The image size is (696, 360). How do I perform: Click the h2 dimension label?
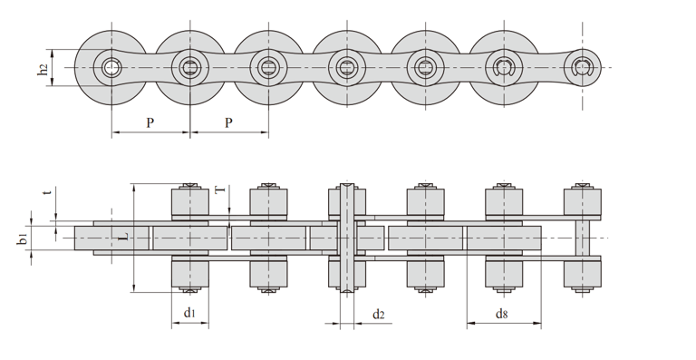pyautogui.click(x=43, y=69)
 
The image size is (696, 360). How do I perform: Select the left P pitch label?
pyautogui.click(x=150, y=122)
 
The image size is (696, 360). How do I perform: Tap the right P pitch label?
pyautogui.click(x=228, y=122)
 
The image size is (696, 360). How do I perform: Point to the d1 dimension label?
pyautogui.click(x=189, y=313)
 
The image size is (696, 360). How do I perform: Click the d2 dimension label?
pyautogui.click(x=378, y=315)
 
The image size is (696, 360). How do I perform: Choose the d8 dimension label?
pyautogui.click(x=501, y=314)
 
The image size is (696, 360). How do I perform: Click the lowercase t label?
pyautogui.click(x=48, y=192)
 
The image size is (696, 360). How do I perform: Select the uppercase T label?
pyautogui.click(x=220, y=190)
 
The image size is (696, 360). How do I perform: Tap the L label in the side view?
pyautogui.click(x=125, y=237)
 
